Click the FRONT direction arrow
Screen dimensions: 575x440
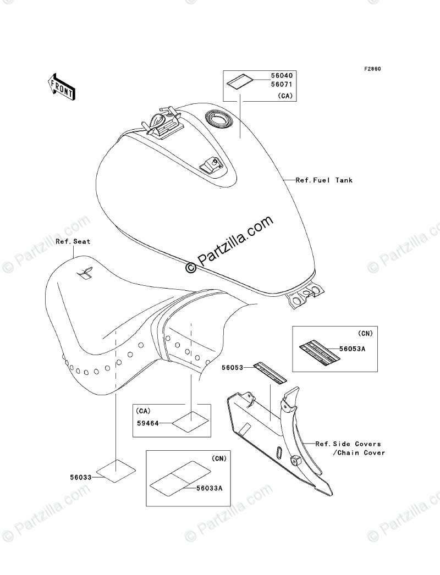pos(61,86)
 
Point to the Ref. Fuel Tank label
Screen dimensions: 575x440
pos(324,180)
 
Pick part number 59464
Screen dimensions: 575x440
pos(148,423)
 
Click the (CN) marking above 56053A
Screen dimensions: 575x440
pos(364,334)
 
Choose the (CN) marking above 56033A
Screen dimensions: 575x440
pos(218,458)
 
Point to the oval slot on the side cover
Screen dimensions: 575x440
pos(280,452)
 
